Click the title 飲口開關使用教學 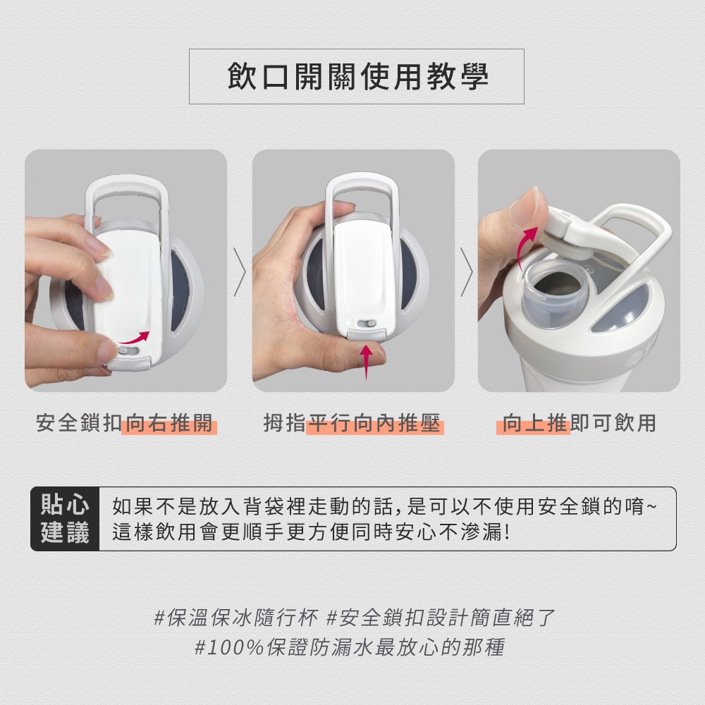coord(358,76)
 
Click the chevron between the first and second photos coord(240,272)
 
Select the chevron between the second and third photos coord(467,272)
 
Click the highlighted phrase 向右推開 coord(169,423)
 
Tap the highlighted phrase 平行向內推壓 coord(374,423)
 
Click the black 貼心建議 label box coord(65,518)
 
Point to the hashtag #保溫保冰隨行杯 coord(236,618)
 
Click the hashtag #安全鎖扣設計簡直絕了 coord(441,618)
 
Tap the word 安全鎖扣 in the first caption coord(79,423)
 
